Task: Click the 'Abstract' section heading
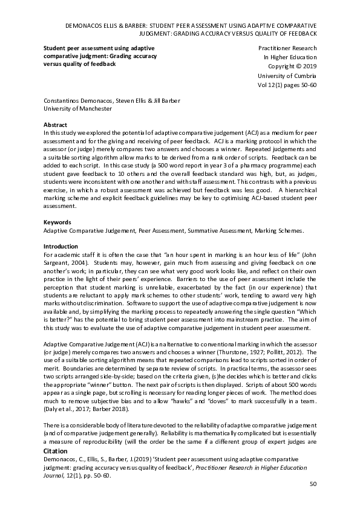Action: click(x=56, y=124)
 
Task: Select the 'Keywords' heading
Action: click(x=57, y=222)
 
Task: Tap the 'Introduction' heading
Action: click(x=61, y=247)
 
